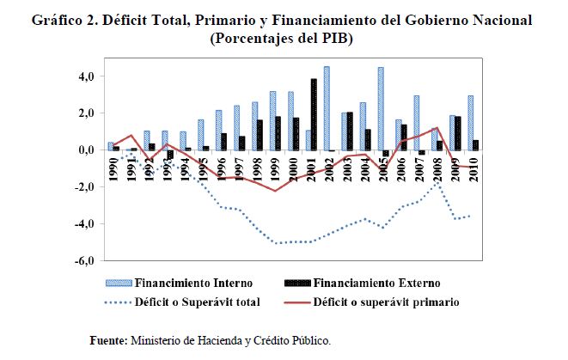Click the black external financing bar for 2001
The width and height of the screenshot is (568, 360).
point(315,114)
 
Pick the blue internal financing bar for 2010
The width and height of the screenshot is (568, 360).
point(469,122)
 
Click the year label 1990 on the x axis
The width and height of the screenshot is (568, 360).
point(113,166)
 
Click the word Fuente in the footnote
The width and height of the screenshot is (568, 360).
point(109,341)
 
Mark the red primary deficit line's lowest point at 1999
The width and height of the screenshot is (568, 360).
point(274,191)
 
